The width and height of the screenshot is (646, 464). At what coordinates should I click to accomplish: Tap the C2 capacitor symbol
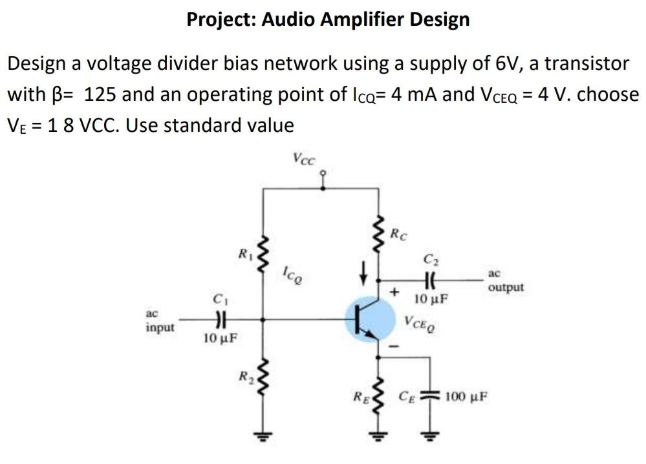pyautogui.click(x=428, y=280)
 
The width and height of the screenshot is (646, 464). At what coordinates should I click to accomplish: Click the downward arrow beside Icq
pyautogui.click(x=364, y=271)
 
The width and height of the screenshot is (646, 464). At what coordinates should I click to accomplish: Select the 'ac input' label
pyautogui.click(x=159, y=321)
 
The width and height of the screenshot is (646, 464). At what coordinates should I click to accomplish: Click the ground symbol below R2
pyautogui.click(x=262, y=434)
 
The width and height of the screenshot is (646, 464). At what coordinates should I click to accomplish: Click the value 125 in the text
pyautogui.click(x=100, y=94)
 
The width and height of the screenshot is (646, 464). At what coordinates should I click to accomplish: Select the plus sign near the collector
pyautogui.click(x=392, y=291)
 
